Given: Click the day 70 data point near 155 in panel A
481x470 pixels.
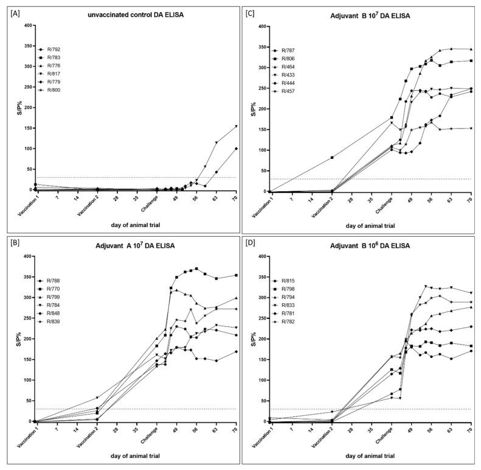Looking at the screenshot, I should pyautogui.click(x=236, y=126).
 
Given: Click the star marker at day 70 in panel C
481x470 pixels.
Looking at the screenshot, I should pyautogui.click(x=471, y=128).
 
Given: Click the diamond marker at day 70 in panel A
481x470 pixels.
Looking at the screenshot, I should pyautogui.click(x=236, y=149).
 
